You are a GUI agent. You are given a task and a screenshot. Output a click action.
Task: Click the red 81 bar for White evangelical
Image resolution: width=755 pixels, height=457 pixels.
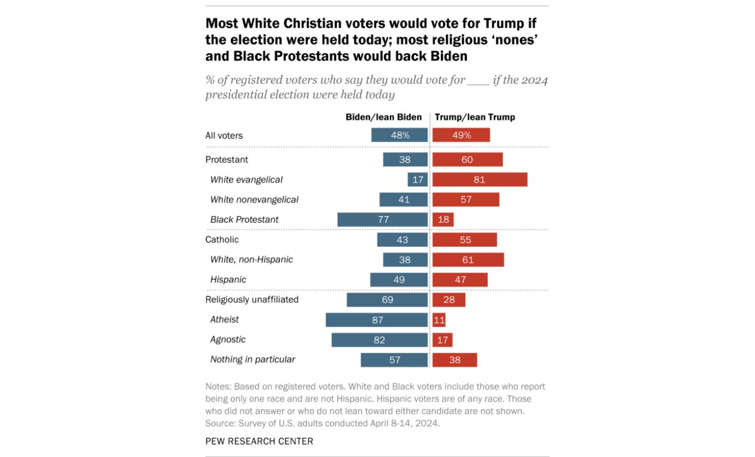479,179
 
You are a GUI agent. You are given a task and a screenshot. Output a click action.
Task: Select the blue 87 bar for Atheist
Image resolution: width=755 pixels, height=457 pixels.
376,320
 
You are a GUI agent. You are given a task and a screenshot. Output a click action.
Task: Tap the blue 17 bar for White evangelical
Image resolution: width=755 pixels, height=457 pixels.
417,179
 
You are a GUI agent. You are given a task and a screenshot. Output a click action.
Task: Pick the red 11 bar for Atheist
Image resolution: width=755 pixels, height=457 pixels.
439,320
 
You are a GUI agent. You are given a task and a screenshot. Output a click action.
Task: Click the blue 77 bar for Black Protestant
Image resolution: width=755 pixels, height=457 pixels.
382,219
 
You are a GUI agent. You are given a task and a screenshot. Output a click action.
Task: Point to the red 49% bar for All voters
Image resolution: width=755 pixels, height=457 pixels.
461,135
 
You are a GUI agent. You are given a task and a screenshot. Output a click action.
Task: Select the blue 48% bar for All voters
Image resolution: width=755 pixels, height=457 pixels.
399,135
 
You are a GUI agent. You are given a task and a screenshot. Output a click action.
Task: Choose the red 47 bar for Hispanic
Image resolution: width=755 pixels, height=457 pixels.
460,280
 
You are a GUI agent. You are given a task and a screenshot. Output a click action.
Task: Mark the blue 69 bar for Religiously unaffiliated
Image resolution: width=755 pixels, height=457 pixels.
387,300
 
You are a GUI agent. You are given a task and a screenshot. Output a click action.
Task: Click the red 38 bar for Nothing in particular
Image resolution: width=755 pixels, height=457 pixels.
454,360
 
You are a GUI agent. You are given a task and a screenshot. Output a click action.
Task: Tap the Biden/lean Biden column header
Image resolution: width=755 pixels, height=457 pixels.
383,117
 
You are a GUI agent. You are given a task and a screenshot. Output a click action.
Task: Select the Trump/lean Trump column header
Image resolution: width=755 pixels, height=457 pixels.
474,117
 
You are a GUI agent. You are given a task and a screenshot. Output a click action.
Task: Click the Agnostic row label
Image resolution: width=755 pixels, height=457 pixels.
228,340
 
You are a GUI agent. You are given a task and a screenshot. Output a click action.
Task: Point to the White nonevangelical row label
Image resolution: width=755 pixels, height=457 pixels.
254,200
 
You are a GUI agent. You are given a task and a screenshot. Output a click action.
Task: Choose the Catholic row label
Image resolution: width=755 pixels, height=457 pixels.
222,240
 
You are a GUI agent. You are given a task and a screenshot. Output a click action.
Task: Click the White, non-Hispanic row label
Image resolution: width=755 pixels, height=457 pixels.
251,259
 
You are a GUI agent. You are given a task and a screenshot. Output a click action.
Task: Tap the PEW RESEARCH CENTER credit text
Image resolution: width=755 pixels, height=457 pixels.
259,441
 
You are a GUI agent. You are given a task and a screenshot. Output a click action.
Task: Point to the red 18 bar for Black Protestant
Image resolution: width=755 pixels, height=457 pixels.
443,219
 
